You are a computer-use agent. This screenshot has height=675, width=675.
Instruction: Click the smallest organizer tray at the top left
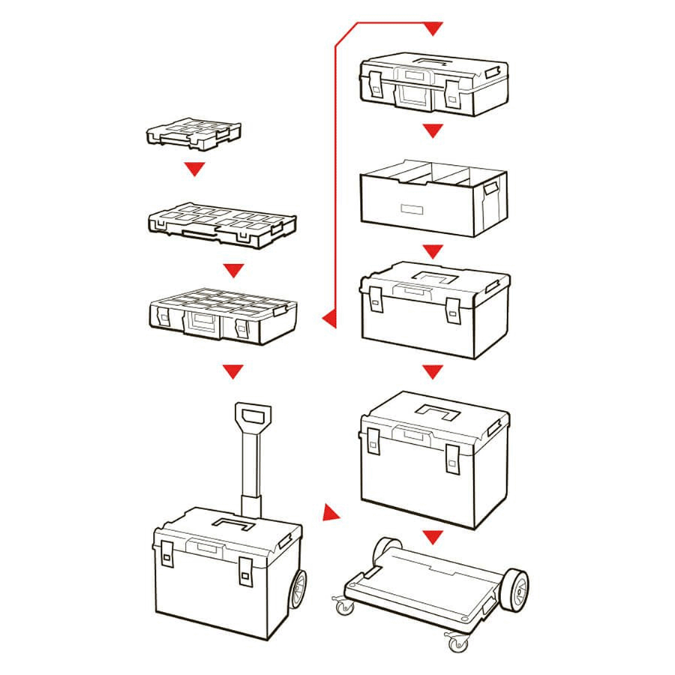[193, 133]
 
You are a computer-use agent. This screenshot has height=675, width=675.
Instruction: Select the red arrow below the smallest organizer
[195, 169]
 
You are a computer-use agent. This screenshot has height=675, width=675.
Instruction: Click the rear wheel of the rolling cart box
[296, 589]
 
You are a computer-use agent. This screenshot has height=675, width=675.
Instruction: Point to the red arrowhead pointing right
[330, 513]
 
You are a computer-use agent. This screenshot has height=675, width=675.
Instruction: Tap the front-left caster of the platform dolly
[344, 604]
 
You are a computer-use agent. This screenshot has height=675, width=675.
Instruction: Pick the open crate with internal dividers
[433, 196]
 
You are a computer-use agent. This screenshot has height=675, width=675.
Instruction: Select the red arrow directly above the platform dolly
[431, 537]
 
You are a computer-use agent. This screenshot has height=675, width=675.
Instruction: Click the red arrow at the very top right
[433, 29]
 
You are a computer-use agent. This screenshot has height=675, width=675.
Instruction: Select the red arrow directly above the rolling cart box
[234, 371]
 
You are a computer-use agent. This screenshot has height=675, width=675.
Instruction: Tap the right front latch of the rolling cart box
[246, 571]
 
